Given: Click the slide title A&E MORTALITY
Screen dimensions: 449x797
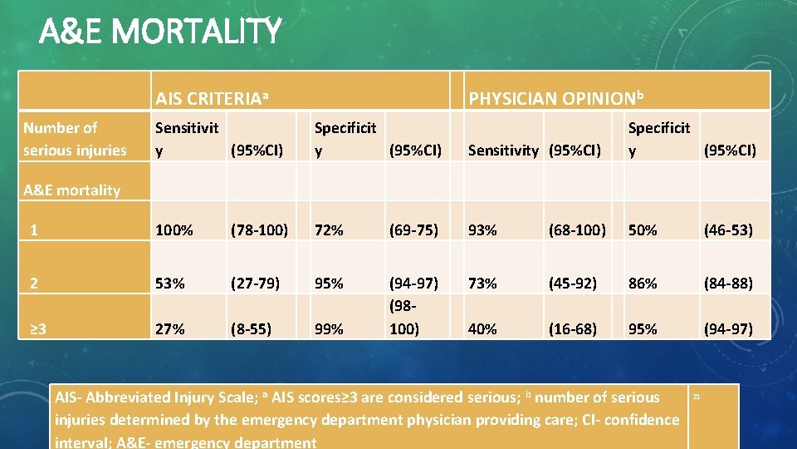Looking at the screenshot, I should tap(160, 32).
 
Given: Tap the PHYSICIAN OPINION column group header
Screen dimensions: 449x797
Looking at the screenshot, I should tap(556, 100).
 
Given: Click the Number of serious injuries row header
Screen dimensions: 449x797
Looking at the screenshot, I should tap(75, 139).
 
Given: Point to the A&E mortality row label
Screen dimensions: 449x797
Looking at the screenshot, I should tap(71, 190).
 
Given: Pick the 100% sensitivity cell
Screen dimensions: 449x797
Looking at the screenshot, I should tap(174, 230).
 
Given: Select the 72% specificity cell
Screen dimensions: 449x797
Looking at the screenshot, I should tap(329, 230).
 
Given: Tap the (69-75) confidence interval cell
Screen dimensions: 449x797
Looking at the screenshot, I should tap(417, 230).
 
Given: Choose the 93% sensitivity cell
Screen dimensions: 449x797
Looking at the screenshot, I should tap(482, 230).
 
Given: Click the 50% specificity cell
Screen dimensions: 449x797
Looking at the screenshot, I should tap(643, 230).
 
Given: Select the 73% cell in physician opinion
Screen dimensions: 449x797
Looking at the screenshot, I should tap(482, 283).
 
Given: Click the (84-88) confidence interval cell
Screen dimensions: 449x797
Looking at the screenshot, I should tap(728, 283).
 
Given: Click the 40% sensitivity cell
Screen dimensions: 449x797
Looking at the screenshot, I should tap(482, 328).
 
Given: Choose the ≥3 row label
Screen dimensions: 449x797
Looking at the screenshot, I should tap(38, 328).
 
